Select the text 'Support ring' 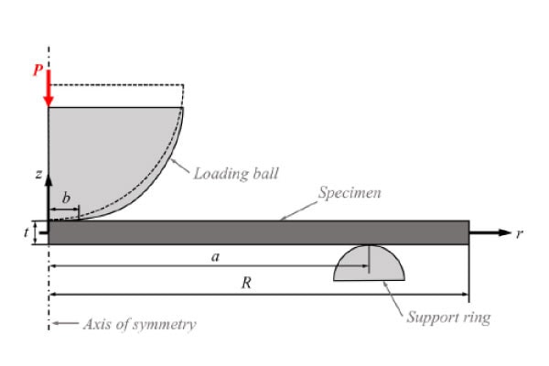click(x=447, y=318)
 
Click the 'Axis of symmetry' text click(x=139, y=324)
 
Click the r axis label click(x=519, y=233)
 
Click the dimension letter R click(x=245, y=284)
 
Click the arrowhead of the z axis click(x=48, y=170)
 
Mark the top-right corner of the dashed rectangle click(x=183, y=85)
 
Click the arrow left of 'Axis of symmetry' click(x=64, y=324)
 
